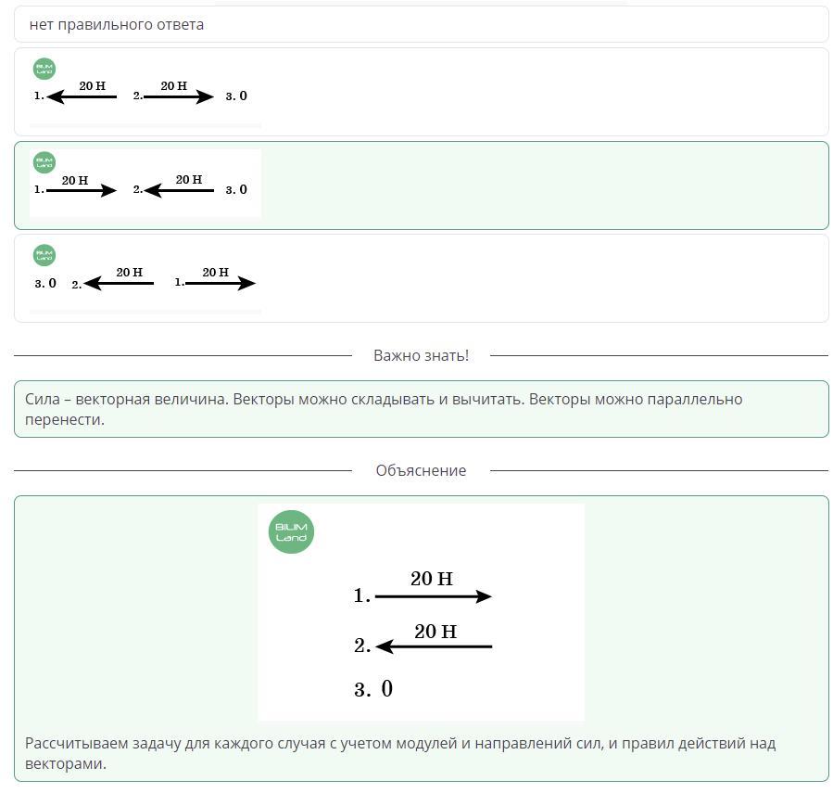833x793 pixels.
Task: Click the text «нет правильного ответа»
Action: click(117, 24)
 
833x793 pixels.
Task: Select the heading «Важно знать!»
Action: click(421, 355)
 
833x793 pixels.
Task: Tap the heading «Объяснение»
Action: click(421, 470)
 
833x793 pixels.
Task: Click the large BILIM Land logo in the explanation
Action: click(291, 531)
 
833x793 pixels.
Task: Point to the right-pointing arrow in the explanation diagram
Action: click(434, 596)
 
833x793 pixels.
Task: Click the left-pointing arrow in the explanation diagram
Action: click(434, 646)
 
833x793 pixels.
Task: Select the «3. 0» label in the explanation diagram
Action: click(372, 689)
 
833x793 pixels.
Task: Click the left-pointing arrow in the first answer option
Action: click(82, 96)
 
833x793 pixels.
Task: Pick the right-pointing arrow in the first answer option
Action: click(179, 96)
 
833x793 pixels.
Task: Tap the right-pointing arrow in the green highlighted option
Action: click(82, 190)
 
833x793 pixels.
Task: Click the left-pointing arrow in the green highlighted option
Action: click(179, 190)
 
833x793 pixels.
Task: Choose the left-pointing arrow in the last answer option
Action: click(119, 283)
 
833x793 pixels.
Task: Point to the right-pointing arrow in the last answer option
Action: click(221, 283)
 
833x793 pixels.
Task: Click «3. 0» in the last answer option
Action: click(45, 284)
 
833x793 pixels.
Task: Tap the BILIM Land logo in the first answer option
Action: click(44, 69)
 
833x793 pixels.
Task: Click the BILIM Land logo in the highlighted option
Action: click(44, 162)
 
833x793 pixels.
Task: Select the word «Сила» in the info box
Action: click(43, 399)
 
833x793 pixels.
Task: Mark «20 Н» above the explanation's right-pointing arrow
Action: click(432, 579)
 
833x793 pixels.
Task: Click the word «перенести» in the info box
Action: click(65, 419)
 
